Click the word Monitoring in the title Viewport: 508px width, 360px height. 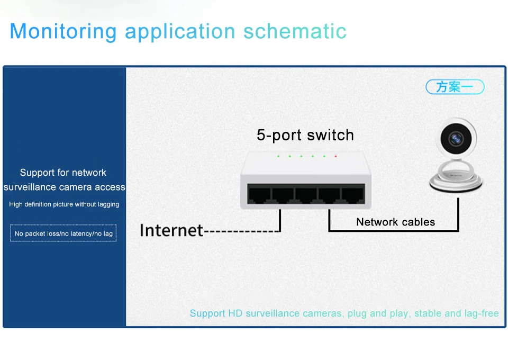(62, 31)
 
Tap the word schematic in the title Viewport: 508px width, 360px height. (295, 31)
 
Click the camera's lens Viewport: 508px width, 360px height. (456, 139)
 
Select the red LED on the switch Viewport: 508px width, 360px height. (335, 156)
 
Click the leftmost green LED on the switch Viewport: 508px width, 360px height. (278, 156)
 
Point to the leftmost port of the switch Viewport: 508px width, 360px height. (259, 194)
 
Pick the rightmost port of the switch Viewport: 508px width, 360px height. (352, 194)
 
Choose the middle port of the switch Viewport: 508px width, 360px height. (305, 194)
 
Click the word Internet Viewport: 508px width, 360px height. (171, 230)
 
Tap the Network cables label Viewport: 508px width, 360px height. (395, 222)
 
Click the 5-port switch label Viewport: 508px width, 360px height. (305, 135)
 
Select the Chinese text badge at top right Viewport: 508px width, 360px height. (455, 87)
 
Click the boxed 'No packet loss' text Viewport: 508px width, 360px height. (63, 233)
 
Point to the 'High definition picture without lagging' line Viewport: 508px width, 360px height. (64, 204)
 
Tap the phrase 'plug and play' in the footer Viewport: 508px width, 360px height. (378, 313)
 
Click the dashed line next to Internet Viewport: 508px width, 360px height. (241, 231)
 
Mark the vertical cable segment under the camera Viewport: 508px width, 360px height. (458, 212)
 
